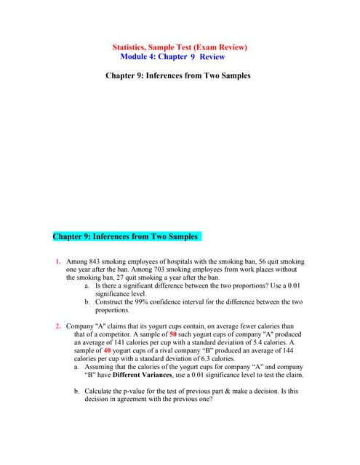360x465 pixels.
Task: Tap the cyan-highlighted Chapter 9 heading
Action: click(126, 236)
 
